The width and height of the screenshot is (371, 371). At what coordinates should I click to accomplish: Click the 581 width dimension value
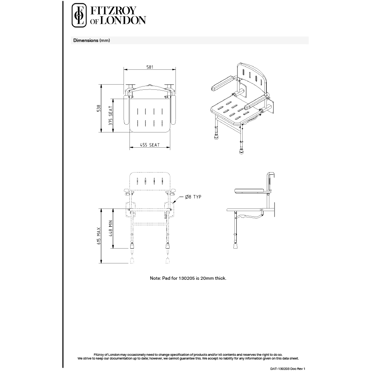[x=150, y=67]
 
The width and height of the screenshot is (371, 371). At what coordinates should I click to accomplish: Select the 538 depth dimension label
[x=99, y=108]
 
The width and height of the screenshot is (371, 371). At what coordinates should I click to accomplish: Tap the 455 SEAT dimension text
[x=150, y=145]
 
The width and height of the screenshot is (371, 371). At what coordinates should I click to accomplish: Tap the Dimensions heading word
[x=86, y=40]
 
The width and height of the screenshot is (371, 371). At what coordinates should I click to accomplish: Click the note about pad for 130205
[x=188, y=278]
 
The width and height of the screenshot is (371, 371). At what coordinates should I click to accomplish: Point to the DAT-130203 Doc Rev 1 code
[x=290, y=368]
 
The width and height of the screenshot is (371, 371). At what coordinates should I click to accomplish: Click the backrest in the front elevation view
[x=150, y=181]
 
